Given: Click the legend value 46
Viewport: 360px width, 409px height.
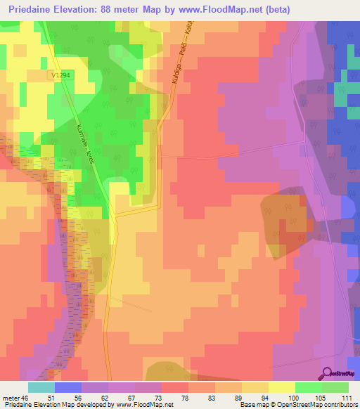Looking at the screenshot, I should pos(26,398).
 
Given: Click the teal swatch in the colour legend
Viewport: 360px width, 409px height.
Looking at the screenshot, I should pos(41,387).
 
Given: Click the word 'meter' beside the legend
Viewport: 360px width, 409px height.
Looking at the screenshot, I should pos(11,398).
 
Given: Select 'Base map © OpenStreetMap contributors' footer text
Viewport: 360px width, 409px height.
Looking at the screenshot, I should pos(298,405).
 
